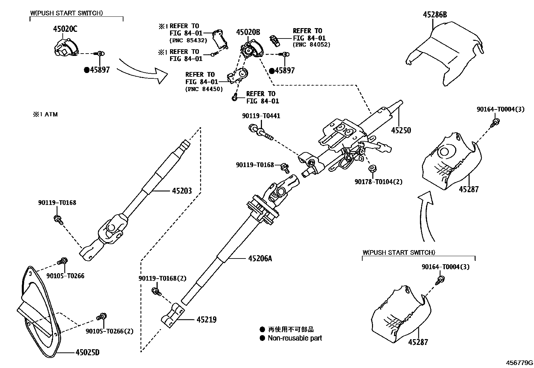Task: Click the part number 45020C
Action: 65,29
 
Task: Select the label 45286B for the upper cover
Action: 435,15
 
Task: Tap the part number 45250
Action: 401,130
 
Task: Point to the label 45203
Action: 182,191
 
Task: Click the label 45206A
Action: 260,259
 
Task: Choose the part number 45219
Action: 206,320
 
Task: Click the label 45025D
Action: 88,352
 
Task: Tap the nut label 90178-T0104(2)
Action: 378,182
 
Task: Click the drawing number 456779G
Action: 519,363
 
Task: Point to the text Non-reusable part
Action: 295,338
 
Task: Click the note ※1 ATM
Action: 45,115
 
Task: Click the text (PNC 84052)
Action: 311,45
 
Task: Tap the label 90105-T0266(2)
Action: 109,331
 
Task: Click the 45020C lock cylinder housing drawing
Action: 65,46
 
